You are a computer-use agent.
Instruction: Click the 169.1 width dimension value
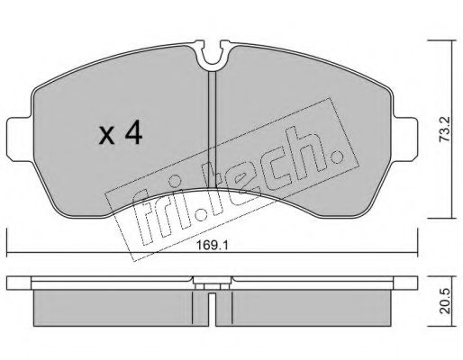pyautogui.click(x=213, y=246)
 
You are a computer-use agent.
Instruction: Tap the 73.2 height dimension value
pyautogui.click(x=444, y=130)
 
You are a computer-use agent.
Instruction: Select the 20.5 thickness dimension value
pyautogui.click(x=444, y=301)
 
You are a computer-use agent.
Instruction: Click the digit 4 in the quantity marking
pyautogui.click(x=133, y=132)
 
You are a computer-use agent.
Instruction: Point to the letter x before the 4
pyautogui.click(x=107, y=135)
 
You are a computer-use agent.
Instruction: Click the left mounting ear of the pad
pyautogui.click(x=20, y=139)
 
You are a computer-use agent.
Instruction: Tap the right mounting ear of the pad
pyautogui.click(x=404, y=139)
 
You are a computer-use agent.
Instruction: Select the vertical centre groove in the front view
pyautogui.click(x=213, y=129)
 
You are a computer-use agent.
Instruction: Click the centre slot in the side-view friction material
pyautogui.click(x=212, y=310)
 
